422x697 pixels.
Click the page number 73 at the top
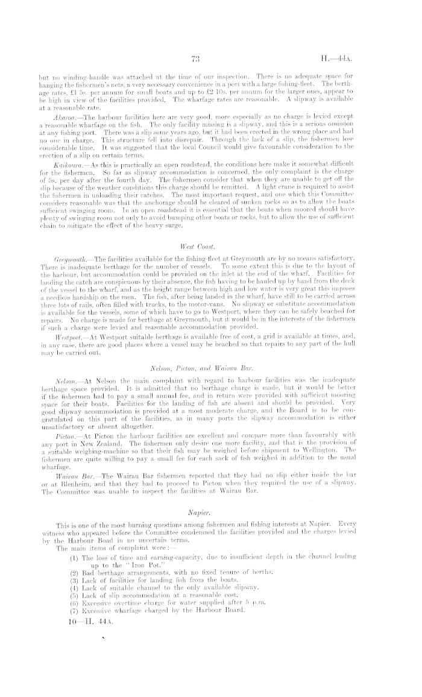195,58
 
